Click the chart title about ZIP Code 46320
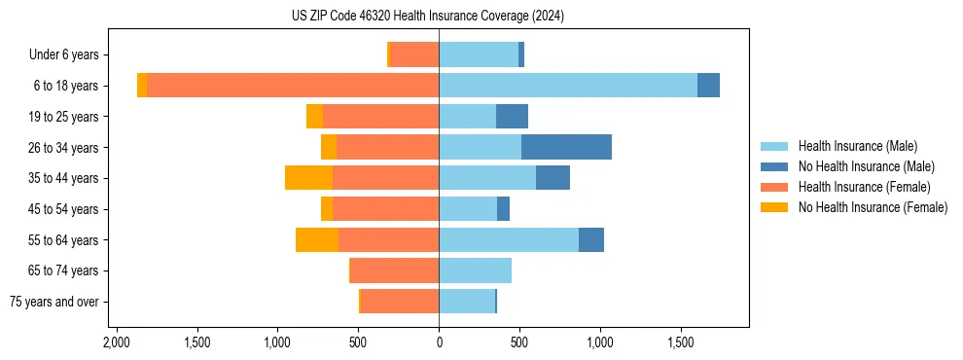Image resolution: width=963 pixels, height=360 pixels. point(427,17)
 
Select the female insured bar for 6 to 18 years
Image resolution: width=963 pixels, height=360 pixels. point(292,86)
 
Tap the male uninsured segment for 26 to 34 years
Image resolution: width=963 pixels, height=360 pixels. point(566,147)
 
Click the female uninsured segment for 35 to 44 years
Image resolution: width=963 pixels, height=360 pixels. point(308,178)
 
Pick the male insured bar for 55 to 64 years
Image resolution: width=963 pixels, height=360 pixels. point(509,239)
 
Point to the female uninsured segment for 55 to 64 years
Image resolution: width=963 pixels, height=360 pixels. point(317,239)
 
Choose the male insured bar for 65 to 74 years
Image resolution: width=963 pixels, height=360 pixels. point(475,270)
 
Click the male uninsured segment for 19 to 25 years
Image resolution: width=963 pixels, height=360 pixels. point(512,117)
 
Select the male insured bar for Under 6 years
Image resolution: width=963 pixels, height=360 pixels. point(479,54)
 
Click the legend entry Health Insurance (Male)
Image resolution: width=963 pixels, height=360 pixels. point(857,146)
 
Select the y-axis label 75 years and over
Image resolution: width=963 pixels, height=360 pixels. point(54,302)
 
